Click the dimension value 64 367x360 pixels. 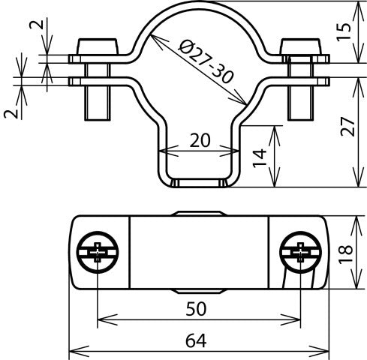click(x=197, y=340)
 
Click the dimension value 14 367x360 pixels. click(x=259, y=156)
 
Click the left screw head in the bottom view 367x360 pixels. click(x=97, y=251)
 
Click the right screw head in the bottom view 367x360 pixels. click(x=299, y=251)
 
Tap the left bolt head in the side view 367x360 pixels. click(x=97, y=47)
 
